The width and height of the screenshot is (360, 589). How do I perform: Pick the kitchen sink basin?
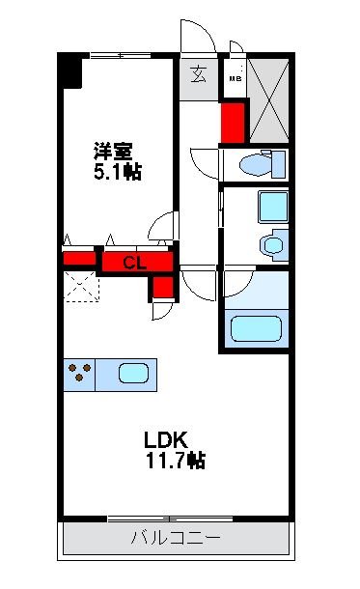(x=135, y=373)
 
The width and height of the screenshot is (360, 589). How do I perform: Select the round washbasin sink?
(x=272, y=246)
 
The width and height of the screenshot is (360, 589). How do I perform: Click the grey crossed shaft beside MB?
(x=267, y=98)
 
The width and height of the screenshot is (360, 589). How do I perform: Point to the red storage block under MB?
(x=234, y=120)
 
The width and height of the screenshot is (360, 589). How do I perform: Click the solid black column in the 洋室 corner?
(x=69, y=71)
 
